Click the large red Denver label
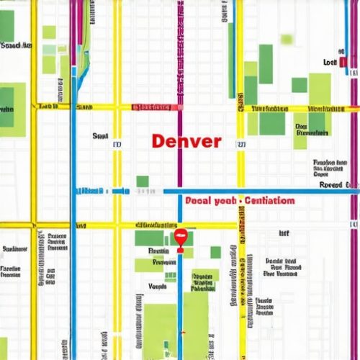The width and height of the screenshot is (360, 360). pos(186,141)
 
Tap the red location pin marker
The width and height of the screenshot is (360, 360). pos(181,238)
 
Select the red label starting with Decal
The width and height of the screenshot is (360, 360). pos(239,201)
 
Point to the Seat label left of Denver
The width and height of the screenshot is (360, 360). pos(100,135)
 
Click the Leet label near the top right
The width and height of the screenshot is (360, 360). pos(330,63)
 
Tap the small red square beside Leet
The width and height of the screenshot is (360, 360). pos(343,63)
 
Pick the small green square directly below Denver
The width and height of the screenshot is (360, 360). pos(143,181)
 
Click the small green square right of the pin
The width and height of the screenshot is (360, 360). pos(215,252)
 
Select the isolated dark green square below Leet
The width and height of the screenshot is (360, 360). pos(300,85)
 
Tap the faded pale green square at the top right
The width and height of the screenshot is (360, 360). pos(287,38)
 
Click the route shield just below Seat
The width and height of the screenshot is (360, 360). pos(117,145)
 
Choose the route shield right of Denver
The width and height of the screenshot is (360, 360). pos(241,145)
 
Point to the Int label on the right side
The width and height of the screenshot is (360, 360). pos(284,233)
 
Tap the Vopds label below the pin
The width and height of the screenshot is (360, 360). pos(157,286)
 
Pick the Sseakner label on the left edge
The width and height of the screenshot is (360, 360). pos(14,249)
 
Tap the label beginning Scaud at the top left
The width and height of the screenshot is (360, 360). pos(16,45)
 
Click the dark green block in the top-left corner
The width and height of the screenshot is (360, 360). pos(6,26)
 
